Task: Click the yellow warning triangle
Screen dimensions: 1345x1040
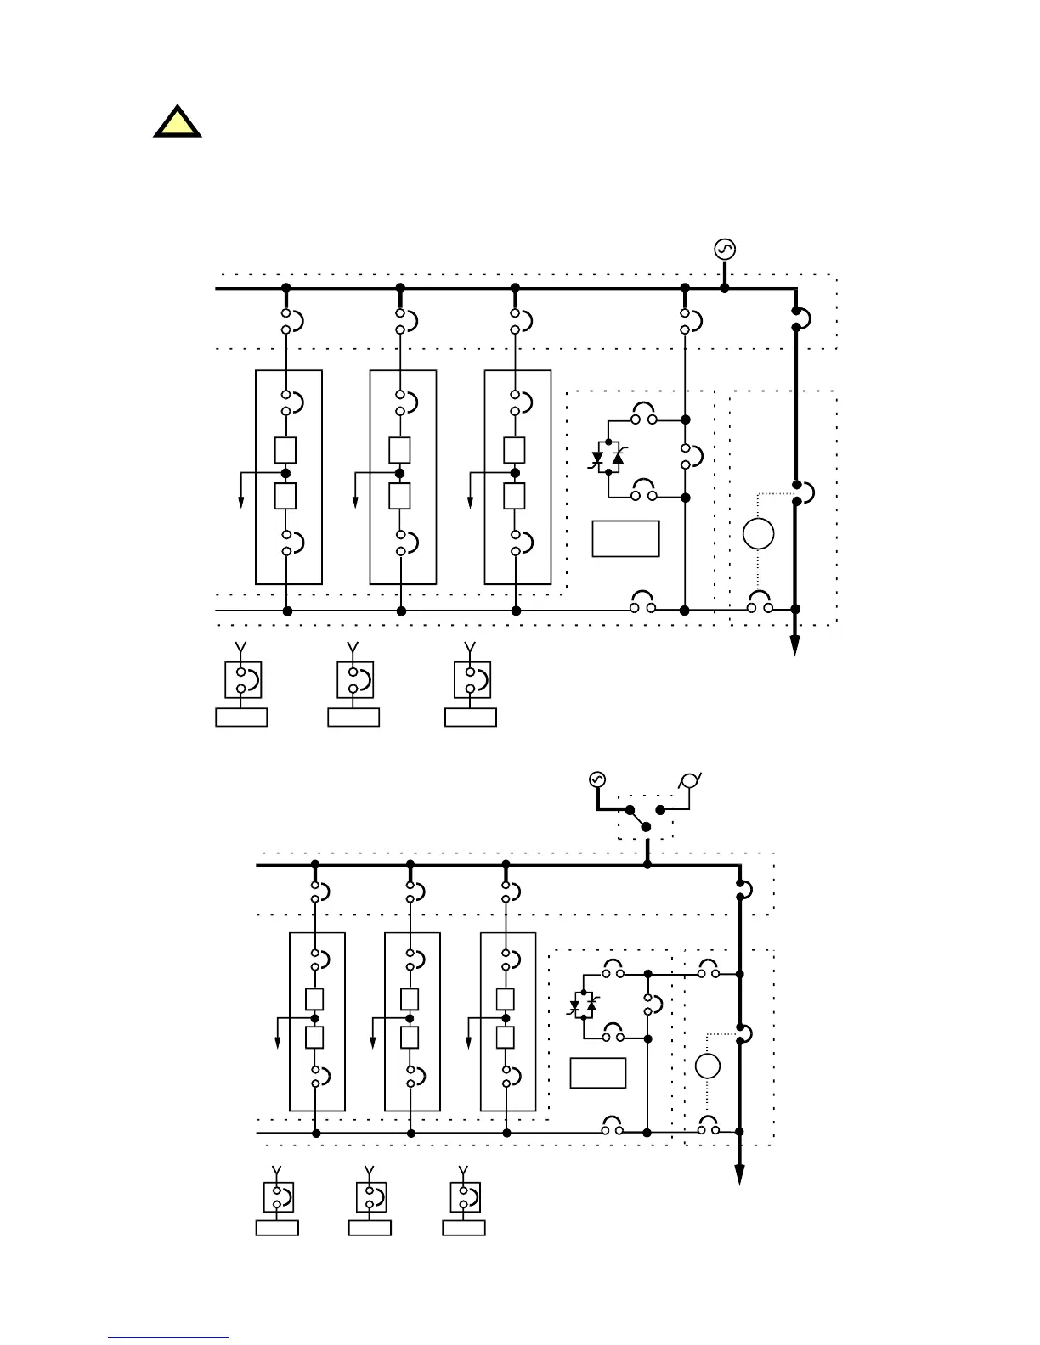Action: (x=178, y=123)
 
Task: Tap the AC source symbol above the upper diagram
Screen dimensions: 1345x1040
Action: (x=725, y=249)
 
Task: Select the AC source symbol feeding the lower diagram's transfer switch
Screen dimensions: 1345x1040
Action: (x=596, y=779)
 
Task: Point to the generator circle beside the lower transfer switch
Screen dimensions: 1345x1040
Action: (x=692, y=779)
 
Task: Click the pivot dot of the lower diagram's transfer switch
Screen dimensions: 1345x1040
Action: (x=645, y=826)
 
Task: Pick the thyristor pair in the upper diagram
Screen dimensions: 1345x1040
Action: (x=608, y=458)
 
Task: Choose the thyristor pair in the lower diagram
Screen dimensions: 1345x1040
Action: (x=583, y=1005)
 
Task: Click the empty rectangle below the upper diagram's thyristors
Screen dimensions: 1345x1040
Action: (x=625, y=539)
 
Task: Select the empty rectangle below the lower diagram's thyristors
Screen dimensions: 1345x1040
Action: (x=598, y=1073)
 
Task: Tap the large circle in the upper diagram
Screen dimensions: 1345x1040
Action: (x=758, y=534)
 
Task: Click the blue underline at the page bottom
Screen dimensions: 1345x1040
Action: (x=169, y=1338)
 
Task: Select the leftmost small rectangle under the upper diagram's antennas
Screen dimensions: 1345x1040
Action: (x=241, y=718)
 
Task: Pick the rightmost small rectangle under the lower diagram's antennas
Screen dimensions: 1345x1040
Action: (x=464, y=1228)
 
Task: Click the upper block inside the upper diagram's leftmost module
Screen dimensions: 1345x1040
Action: (x=285, y=449)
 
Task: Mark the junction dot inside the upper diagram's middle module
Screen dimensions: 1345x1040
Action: (x=399, y=473)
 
